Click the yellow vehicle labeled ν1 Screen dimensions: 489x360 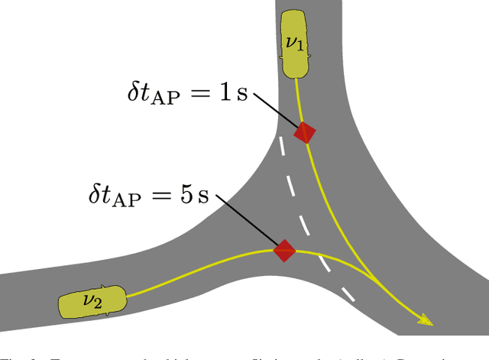(x=294, y=44)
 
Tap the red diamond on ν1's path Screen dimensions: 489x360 (x=306, y=132)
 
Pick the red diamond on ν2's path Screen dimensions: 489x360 (x=285, y=250)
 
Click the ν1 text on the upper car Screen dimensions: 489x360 (x=294, y=43)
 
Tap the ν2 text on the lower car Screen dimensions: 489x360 (x=92, y=300)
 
